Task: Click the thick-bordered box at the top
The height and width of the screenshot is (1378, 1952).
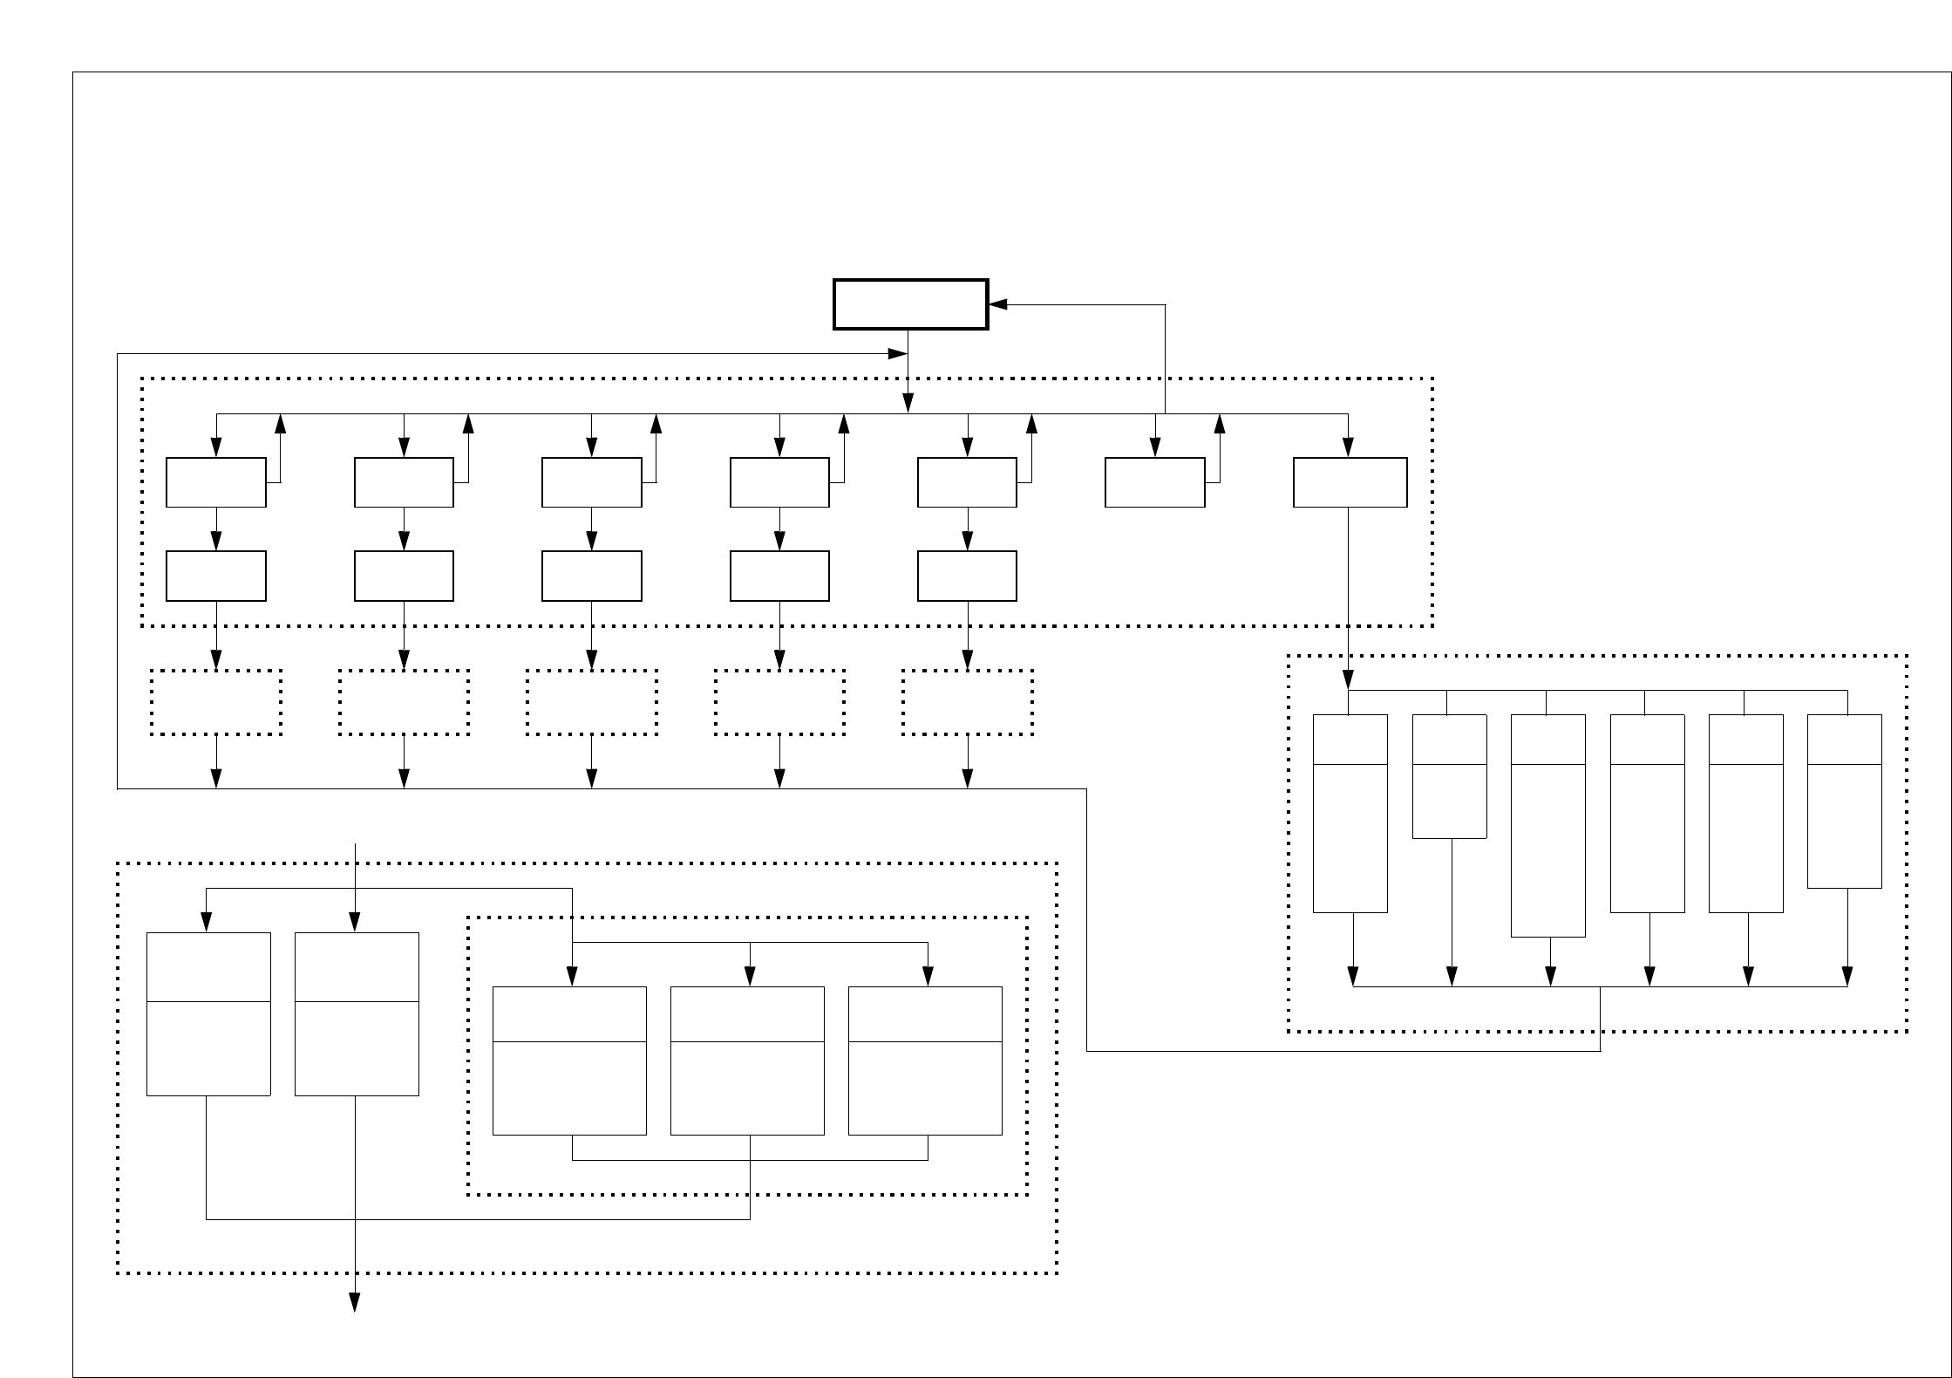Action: [x=910, y=304]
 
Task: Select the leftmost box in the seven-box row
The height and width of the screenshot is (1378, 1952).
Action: [x=216, y=482]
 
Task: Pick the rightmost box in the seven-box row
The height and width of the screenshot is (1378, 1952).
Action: [x=1350, y=482]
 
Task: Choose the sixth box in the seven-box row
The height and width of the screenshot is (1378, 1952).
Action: [x=1154, y=482]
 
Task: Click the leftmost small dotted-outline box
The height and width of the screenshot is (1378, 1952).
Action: [x=216, y=702]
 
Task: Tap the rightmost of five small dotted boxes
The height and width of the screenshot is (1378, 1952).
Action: [x=968, y=702]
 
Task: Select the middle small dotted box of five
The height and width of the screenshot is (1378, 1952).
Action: [x=592, y=702]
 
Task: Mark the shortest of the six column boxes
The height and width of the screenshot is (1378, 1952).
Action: [x=1449, y=776]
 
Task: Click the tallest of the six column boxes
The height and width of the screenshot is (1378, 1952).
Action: [x=1547, y=826]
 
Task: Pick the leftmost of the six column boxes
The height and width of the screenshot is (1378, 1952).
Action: [x=1350, y=814]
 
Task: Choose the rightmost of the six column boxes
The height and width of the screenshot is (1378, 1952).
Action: [x=1845, y=802]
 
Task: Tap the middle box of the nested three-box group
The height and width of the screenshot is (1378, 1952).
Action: [x=747, y=1061]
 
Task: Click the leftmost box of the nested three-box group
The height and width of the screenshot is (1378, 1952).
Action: [x=569, y=1061]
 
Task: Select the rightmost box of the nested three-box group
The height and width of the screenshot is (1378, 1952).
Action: [x=925, y=1061]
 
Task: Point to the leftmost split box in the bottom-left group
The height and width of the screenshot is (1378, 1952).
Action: [x=208, y=1013]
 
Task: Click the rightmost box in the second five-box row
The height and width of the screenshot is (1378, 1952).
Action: [x=967, y=576]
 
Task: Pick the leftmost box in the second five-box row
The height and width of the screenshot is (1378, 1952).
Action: [x=216, y=576]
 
